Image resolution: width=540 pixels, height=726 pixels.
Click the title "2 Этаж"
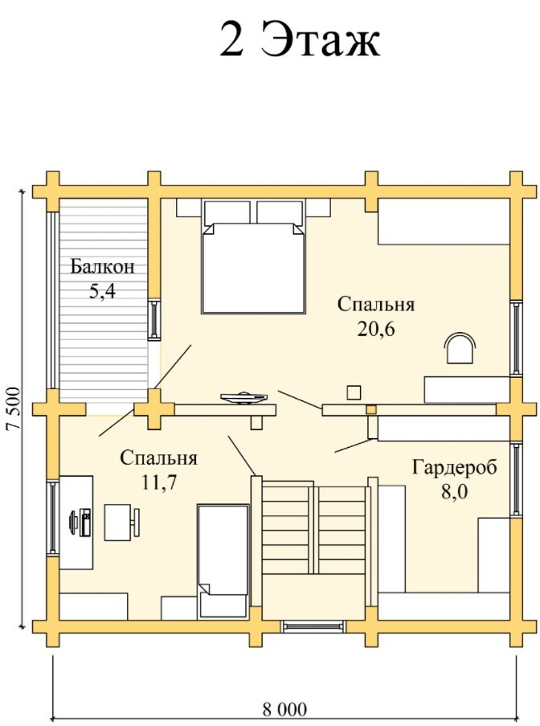coord(300,39)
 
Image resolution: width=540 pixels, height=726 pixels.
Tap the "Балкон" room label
coord(102,267)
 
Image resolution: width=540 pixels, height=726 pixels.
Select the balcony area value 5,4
coord(102,291)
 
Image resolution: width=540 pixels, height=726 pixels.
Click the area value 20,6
coord(376,329)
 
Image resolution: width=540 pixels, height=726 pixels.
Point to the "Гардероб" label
coord(454,467)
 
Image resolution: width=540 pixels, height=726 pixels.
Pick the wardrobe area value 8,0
coord(454,492)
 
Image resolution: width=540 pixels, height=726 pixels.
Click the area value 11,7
coord(159,482)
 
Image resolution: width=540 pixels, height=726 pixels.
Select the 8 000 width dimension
coord(284,709)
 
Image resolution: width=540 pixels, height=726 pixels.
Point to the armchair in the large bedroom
coord(460,348)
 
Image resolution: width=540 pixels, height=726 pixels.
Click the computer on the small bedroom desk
coord(80,523)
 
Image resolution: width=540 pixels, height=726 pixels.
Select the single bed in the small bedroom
coord(223,561)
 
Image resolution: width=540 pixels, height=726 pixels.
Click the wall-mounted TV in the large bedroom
coord(243,398)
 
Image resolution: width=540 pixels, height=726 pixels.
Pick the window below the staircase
coord(313,626)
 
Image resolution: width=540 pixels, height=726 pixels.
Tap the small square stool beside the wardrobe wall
coord(354,392)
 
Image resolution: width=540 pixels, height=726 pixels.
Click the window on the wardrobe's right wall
coord(517,478)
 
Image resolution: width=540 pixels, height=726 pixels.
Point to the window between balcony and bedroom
coord(154,319)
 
